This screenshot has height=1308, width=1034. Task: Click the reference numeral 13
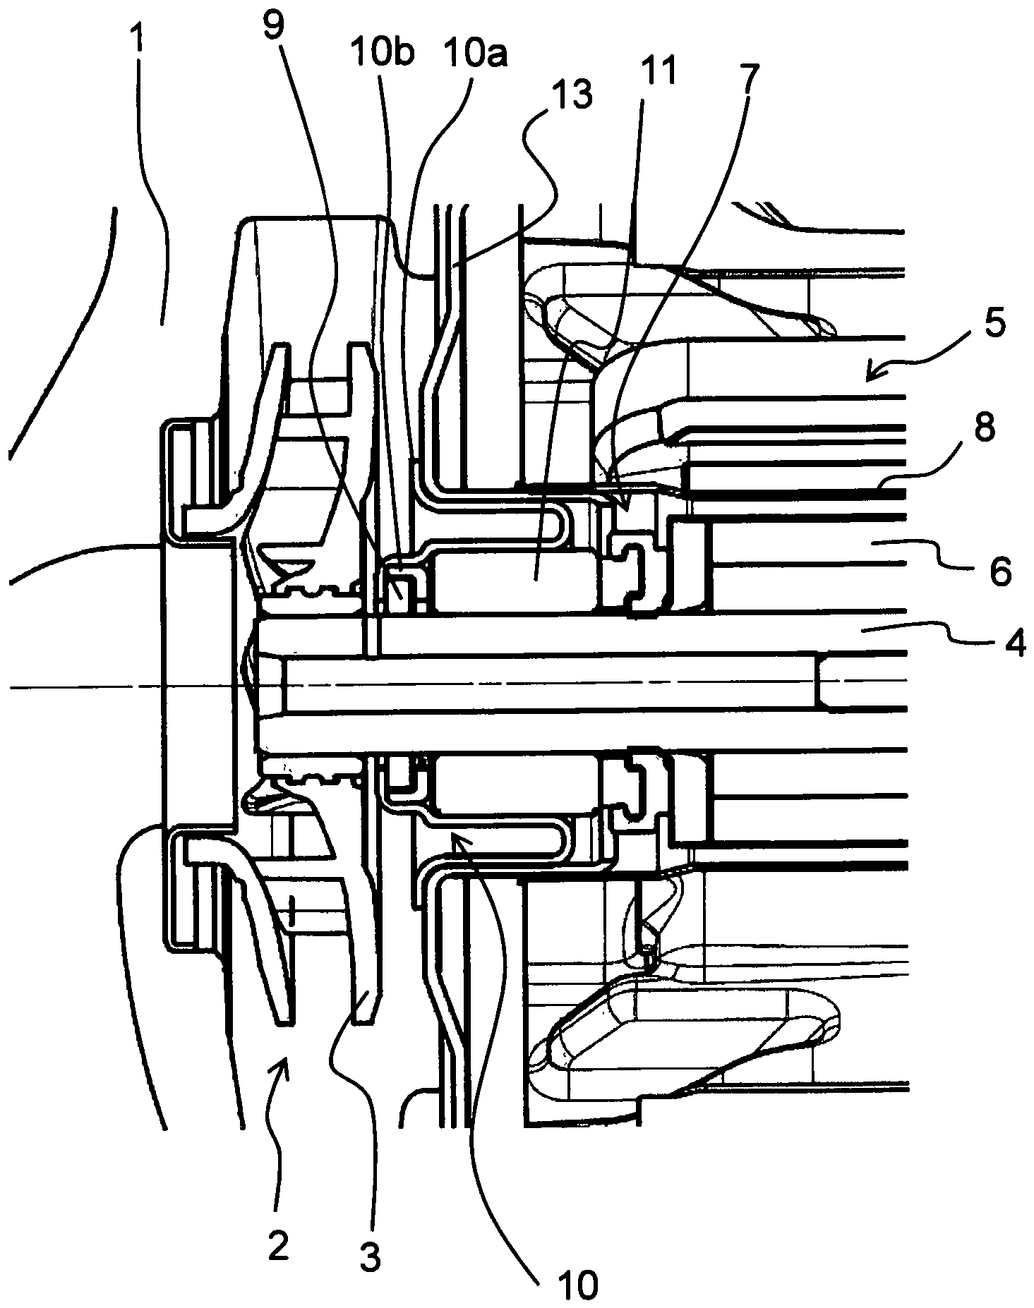(x=573, y=97)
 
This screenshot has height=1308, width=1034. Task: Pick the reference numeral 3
(x=369, y=1255)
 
